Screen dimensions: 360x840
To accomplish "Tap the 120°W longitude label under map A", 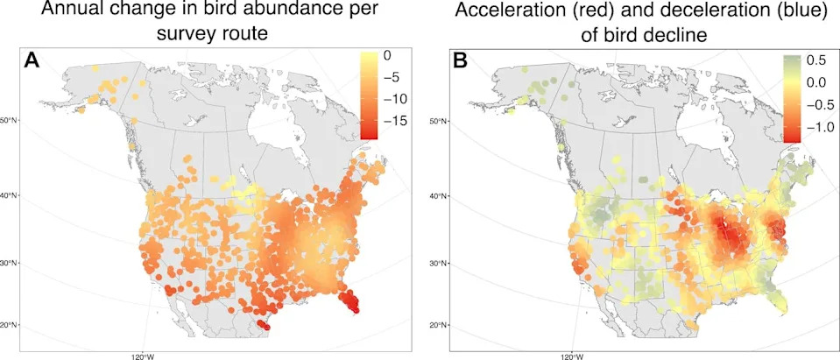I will tap(142, 356).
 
